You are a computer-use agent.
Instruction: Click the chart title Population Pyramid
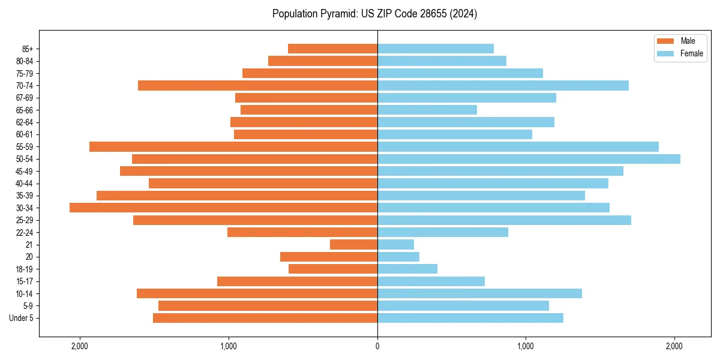[374, 14]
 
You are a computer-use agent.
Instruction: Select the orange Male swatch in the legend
[666, 41]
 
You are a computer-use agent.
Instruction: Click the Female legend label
[691, 53]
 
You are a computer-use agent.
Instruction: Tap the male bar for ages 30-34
[223, 208]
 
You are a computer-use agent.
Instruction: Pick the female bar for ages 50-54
[529, 159]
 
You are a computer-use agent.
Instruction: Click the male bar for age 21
[353, 245]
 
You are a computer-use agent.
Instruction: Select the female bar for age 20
[398, 257]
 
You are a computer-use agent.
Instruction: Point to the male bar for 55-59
[233, 146]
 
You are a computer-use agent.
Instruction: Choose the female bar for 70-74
[503, 85]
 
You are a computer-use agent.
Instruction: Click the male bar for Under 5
[265, 318]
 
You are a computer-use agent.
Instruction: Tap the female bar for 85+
[435, 49]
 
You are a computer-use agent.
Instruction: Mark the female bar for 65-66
[427, 110]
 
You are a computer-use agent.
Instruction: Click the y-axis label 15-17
[25, 281]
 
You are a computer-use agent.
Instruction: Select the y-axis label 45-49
[25, 171]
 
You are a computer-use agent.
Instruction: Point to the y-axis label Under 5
[21, 318]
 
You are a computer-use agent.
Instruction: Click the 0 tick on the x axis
[377, 346]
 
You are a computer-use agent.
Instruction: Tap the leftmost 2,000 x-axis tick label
[79, 346]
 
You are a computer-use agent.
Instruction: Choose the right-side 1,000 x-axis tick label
[526, 346]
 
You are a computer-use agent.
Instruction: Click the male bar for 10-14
[257, 293]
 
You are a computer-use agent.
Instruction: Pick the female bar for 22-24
[442, 232]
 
